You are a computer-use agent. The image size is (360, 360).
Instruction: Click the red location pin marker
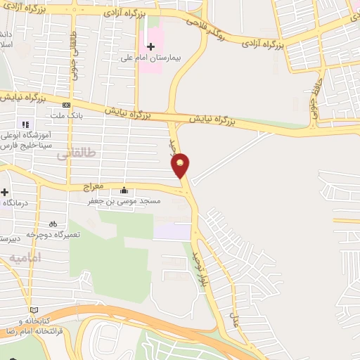(181, 165)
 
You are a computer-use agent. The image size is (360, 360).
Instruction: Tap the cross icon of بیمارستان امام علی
(150, 46)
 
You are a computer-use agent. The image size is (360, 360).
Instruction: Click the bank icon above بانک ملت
(67, 105)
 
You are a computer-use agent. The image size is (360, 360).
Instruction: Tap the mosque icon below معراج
(124, 190)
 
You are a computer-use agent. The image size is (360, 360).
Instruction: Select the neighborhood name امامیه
(26, 258)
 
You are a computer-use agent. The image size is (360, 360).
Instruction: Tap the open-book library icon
(33, 309)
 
